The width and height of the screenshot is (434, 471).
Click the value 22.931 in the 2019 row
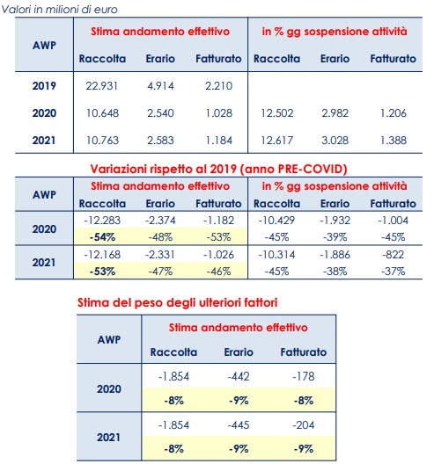102,86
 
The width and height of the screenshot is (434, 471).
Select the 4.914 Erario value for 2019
160,86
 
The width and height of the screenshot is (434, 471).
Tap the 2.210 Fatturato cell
219,86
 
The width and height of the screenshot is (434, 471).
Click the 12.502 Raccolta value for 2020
277,113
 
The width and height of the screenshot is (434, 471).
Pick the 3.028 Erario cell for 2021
335,141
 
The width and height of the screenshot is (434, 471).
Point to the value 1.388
394,141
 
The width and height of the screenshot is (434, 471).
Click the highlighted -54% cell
102,237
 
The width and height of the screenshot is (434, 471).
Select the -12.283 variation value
102,221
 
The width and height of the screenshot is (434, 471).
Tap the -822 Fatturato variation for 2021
394,255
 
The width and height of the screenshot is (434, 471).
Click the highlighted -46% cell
219,272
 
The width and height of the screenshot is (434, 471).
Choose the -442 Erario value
239,376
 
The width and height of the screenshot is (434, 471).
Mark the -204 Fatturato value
304,425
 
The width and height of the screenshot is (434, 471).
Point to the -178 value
304,376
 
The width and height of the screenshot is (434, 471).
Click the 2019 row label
44,86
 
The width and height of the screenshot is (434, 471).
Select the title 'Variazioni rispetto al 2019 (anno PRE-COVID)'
219,169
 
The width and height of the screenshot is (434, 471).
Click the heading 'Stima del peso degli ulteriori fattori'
177,302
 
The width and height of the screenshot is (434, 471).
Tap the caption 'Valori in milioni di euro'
59,10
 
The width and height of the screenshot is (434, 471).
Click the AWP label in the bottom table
109,340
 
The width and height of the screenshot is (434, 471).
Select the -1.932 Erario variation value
335,221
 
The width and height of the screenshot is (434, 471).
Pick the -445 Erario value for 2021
239,425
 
